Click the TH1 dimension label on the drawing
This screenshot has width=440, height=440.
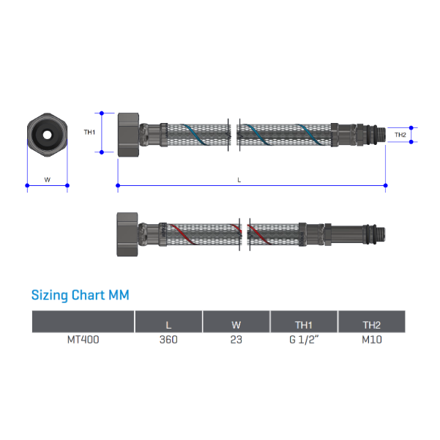89,133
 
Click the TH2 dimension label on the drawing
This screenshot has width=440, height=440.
400,135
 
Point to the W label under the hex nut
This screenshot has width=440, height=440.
47,179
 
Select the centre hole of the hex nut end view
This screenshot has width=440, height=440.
47,135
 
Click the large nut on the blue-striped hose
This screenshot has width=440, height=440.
128,133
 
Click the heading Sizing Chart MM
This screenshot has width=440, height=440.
80,296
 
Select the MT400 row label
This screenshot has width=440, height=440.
83,340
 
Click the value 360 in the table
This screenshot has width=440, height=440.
168,340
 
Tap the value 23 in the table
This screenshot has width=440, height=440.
236,340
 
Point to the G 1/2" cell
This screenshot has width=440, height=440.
304,340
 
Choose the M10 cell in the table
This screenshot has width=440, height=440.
371,340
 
